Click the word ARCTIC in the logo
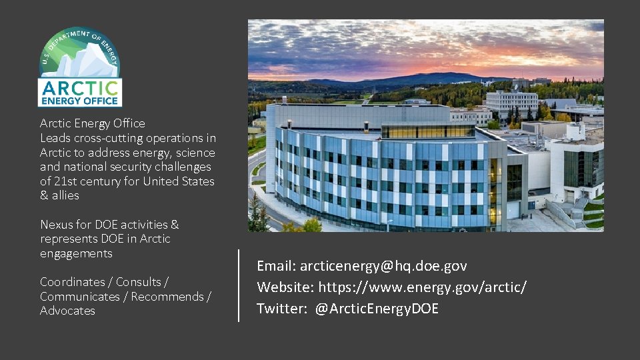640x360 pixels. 79,88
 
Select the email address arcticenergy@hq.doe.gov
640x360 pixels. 383,266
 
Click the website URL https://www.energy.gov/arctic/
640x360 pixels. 422,287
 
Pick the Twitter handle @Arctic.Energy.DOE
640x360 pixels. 377,309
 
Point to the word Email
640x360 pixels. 275,266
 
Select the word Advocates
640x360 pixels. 67,311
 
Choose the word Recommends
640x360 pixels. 167,297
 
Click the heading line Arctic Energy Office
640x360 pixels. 92,123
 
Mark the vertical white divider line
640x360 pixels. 239,285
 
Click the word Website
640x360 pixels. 285,287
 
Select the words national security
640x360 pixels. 103,167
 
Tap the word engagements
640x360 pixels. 76,253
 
